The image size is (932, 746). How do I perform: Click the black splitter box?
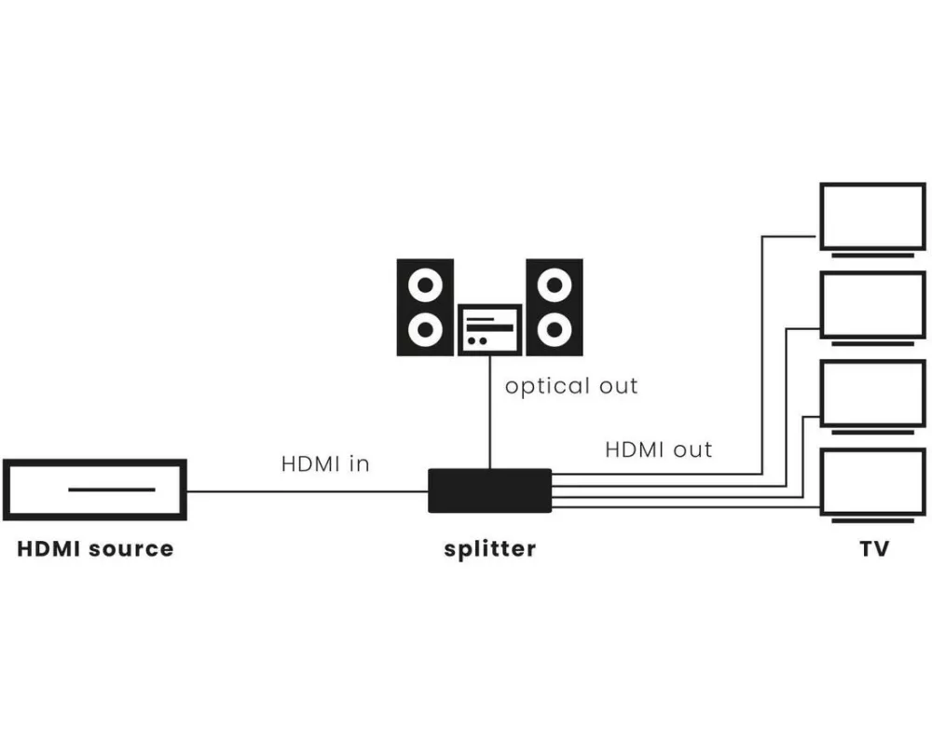point(489,490)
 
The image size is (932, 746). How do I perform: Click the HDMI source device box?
point(95,490)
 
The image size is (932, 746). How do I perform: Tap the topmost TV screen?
point(872,215)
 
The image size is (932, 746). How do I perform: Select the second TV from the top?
point(872,304)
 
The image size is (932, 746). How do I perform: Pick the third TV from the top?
point(872,393)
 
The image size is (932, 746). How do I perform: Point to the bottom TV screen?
point(872,481)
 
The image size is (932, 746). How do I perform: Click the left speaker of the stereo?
point(426,307)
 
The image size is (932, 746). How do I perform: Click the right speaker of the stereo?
point(555,307)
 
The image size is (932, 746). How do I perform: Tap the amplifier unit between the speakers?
point(489,329)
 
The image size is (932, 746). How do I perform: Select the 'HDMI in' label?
point(325,463)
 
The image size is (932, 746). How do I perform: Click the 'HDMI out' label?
point(658,449)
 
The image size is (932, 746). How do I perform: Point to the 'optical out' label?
point(571,386)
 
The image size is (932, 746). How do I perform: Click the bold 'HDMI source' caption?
point(95,548)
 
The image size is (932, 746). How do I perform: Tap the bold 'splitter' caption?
point(489,548)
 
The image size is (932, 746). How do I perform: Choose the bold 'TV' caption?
point(873,548)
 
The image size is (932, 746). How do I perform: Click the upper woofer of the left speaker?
point(426,283)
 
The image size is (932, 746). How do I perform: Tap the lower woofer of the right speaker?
point(555,330)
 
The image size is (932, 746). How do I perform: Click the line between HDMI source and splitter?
point(308,490)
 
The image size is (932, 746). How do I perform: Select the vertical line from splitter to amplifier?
point(489,410)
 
